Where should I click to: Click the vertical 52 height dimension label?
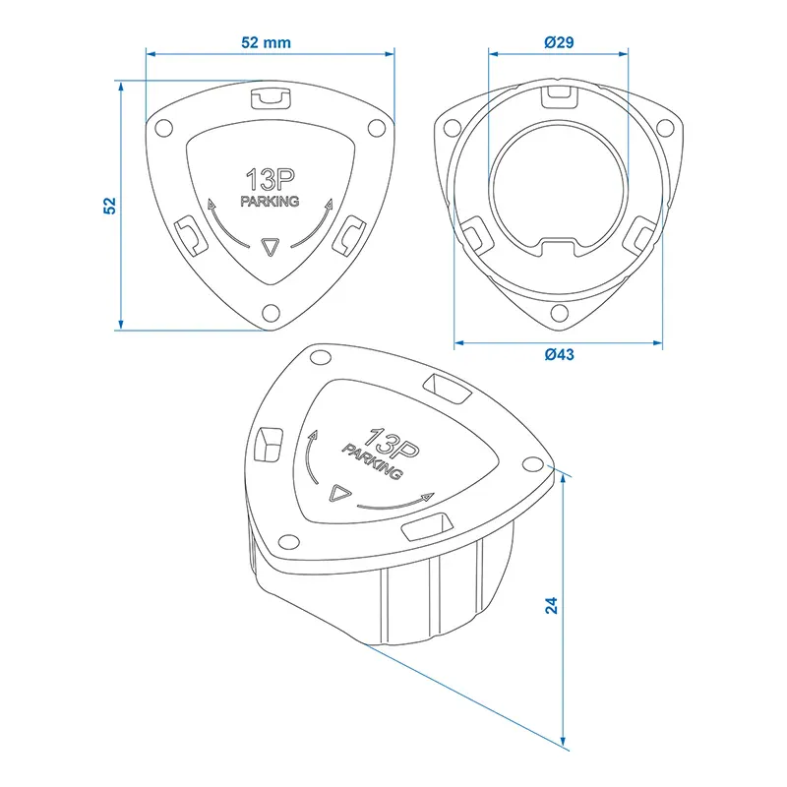click(x=110, y=205)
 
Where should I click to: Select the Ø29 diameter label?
click(x=558, y=42)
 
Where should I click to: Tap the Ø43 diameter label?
click(x=558, y=355)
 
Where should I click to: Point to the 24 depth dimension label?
click(x=552, y=606)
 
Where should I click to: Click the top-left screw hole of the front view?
click(x=164, y=126)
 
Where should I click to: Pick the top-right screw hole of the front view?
click(x=375, y=126)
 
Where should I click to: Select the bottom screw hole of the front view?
click(x=270, y=313)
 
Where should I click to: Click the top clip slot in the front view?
click(x=270, y=96)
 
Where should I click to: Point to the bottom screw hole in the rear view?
click(x=559, y=313)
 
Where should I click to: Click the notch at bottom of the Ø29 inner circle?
click(x=558, y=243)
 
